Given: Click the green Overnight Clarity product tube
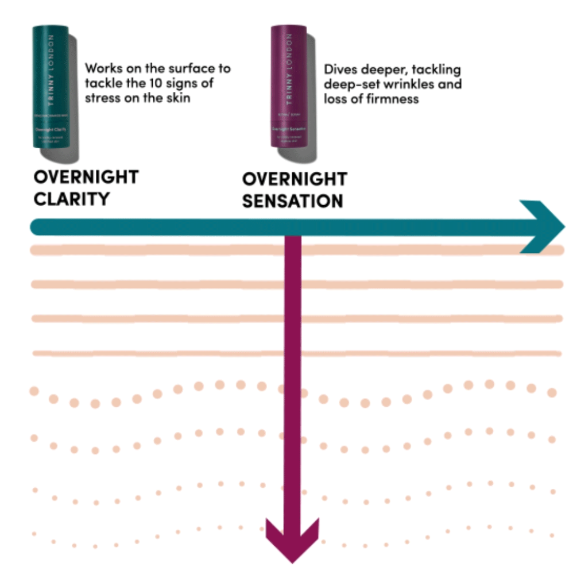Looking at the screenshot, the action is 50,86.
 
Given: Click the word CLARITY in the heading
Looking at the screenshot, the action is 71,199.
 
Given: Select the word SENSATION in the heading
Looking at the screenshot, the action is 292,201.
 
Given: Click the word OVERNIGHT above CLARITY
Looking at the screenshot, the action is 86,177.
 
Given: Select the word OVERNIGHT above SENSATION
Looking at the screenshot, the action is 294,179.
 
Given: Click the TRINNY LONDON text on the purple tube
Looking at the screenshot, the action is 289,68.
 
